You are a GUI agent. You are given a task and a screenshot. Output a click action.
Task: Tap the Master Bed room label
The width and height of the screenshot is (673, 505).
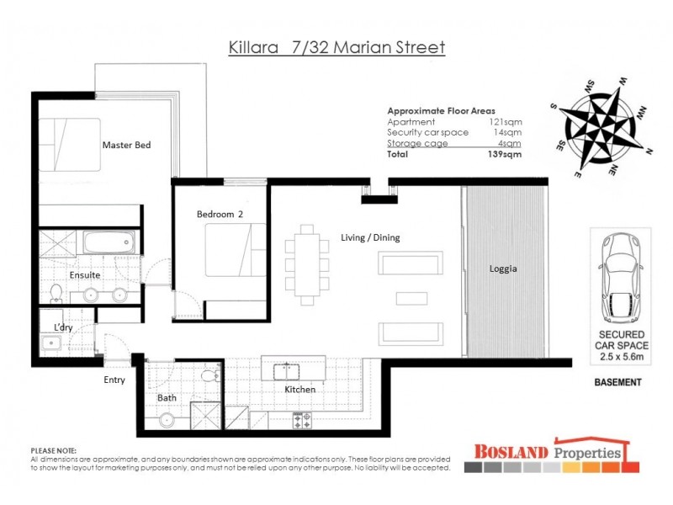(x=126, y=146)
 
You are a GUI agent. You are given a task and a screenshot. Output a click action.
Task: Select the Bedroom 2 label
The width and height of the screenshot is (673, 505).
(x=220, y=215)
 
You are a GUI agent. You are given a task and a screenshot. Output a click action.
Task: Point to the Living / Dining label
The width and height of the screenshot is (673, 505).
(x=370, y=238)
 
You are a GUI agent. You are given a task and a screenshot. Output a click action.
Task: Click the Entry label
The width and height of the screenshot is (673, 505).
(x=114, y=380)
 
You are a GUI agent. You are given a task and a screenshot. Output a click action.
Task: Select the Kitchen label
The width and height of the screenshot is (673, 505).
(x=299, y=390)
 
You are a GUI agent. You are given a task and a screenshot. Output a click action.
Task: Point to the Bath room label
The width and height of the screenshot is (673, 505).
(x=167, y=397)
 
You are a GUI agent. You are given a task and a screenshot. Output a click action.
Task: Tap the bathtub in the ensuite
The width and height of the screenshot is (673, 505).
(x=107, y=244)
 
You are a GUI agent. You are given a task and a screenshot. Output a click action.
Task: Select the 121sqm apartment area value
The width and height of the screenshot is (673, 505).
(x=507, y=122)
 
